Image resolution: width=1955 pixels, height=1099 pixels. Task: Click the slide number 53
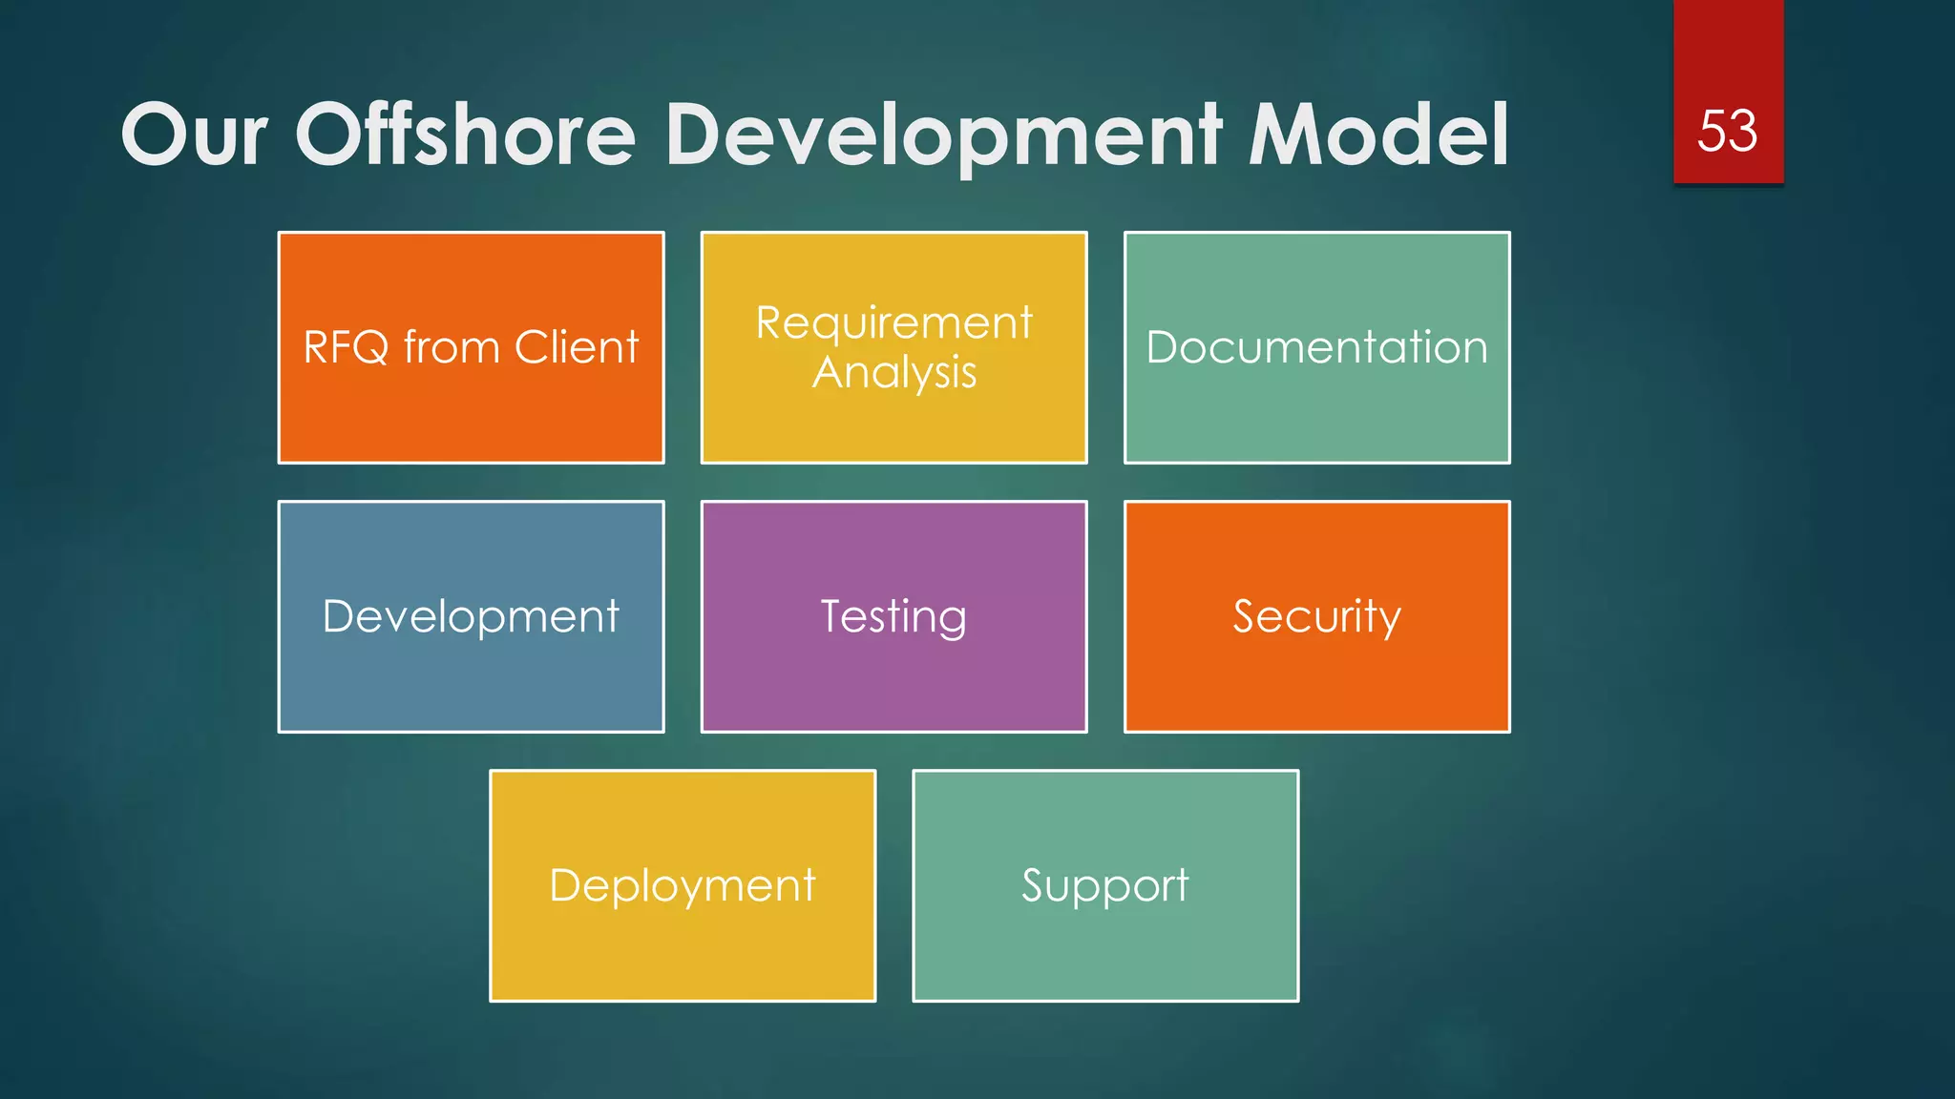click(1727, 131)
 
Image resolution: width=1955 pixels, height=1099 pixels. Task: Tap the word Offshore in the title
click(465, 135)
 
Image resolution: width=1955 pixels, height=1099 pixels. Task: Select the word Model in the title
click(1378, 135)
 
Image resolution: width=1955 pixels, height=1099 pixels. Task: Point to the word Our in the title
click(194, 135)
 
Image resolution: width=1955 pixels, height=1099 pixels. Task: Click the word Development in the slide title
click(942, 136)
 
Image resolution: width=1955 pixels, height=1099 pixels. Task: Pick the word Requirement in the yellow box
click(893, 322)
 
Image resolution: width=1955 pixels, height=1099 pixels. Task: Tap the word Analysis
click(893, 372)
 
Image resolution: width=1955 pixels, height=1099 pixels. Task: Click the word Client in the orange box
click(577, 347)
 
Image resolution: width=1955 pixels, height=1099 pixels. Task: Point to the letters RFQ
click(346, 347)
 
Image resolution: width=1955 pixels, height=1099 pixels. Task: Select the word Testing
click(893, 616)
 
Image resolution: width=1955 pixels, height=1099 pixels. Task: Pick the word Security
click(1316, 616)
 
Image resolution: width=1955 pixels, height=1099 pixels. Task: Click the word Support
click(1105, 885)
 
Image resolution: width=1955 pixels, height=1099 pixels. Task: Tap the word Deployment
click(683, 885)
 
